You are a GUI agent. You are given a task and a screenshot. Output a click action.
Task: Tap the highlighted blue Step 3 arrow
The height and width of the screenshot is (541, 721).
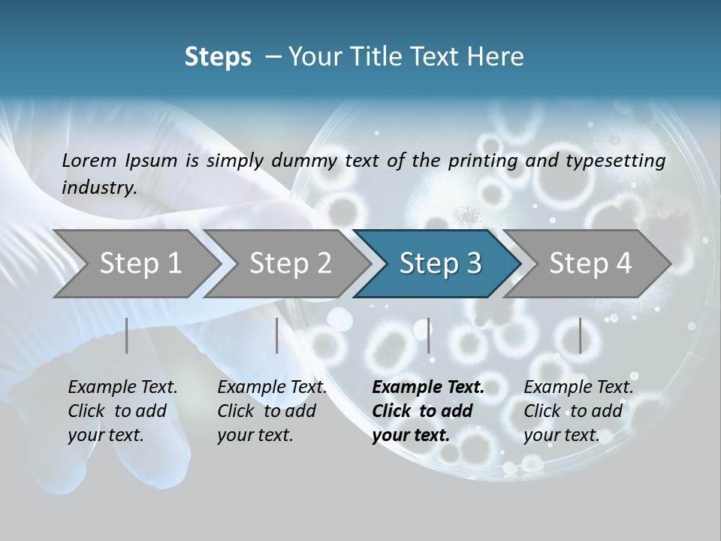440,263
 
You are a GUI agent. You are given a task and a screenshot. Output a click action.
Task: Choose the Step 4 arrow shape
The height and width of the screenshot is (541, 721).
590,263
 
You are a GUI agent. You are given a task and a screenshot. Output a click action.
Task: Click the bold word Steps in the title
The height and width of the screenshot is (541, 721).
218,56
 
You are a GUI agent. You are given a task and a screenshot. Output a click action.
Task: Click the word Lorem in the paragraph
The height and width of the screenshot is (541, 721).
89,160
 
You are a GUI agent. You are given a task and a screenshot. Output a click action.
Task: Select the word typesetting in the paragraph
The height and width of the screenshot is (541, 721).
614,160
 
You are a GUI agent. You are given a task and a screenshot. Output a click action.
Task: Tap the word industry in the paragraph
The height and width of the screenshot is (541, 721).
99,187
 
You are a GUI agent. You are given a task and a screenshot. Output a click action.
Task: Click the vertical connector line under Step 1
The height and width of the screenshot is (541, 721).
127,335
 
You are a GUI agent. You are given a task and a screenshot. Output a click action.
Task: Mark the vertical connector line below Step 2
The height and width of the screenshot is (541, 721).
277,335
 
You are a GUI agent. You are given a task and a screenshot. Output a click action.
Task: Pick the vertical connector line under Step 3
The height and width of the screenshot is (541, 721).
428,335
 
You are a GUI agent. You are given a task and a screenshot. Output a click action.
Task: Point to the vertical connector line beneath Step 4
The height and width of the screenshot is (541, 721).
580,335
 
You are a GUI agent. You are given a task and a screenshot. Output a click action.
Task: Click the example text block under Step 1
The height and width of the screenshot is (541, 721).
122,411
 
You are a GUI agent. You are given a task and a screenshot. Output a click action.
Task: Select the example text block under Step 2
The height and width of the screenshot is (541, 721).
272,411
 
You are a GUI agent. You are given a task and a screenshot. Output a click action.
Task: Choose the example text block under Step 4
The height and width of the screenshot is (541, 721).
578,411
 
